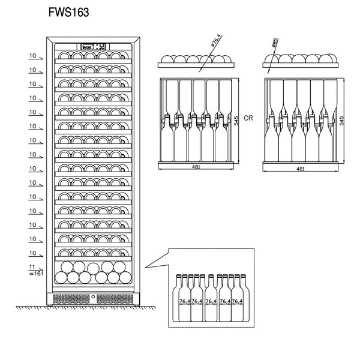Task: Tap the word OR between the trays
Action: (x=249, y=118)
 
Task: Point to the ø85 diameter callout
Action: (x=274, y=44)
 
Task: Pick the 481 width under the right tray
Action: (x=301, y=169)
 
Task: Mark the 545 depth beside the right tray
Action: (x=342, y=119)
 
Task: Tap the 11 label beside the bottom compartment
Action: (x=32, y=266)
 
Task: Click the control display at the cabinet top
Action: (x=93, y=46)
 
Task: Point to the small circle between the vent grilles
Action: (x=93, y=297)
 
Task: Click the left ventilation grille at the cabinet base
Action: (x=71, y=298)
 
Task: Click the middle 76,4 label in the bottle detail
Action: (x=211, y=301)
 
